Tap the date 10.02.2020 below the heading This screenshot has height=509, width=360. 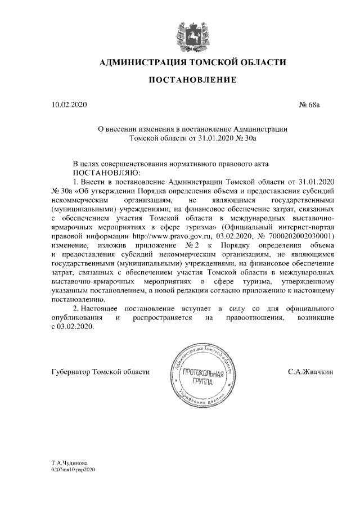(69, 105)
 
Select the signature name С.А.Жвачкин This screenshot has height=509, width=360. (310, 372)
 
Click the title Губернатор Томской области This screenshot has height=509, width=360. (100, 372)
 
